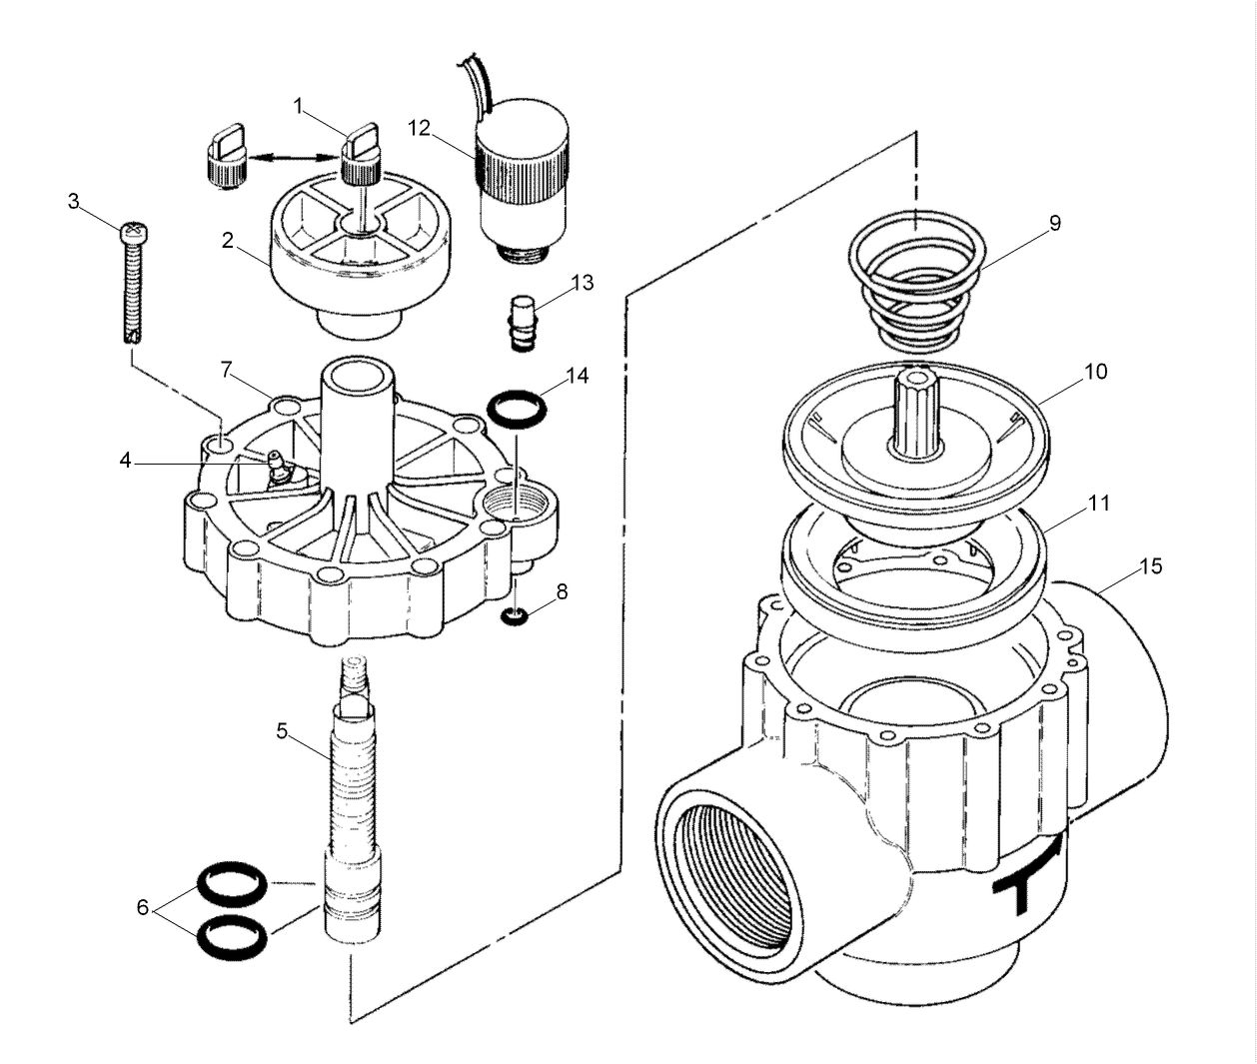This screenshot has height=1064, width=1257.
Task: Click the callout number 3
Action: [x=73, y=201]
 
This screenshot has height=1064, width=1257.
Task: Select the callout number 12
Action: [x=419, y=127]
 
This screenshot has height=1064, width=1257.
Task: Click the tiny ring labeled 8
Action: [x=514, y=617]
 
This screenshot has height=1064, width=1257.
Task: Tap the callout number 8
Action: [x=562, y=591]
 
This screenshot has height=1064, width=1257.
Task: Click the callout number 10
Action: [x=1096, y=372]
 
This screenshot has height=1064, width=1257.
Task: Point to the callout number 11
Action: [x=1099, y=503]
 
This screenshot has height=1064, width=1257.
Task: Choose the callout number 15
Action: [x=1151, y=566]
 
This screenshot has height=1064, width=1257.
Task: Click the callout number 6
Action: [x=143, y=907]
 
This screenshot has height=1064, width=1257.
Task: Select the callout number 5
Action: [x=282, y=730]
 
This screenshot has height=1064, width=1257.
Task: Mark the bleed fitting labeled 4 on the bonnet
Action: [x=276, y=468]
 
